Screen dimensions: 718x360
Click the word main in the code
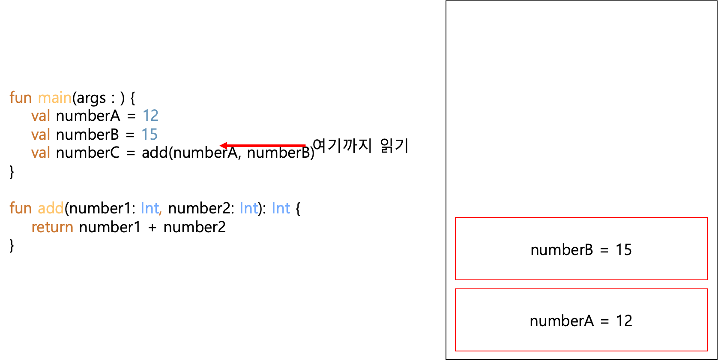coord(55,98)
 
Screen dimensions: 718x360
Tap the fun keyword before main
coord(21,98)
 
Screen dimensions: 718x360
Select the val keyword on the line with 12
coord(41,116)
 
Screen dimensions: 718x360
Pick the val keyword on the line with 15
coord(41,135)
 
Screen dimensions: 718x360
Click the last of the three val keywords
coord(41,153)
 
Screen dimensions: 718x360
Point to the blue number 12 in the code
coord(150,115)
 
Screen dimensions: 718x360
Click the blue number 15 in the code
coord(150,135)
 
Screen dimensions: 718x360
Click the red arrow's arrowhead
coord(223,146)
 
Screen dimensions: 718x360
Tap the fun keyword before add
coord(21,208)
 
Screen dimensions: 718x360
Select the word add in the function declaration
coord(51,208)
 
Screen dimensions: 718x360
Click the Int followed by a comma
coord(150,208)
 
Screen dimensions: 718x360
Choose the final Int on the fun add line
coord(281,208)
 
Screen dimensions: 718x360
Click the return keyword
coord(52,227)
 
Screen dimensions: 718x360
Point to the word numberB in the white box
coord(562,250)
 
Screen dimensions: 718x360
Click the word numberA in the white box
coord(562,321)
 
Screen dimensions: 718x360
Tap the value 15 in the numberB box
coord(624,250)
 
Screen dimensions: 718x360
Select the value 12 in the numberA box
coord(624,321)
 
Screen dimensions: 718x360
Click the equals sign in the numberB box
coord(604,251)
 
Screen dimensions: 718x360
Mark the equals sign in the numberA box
coord(604,322)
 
